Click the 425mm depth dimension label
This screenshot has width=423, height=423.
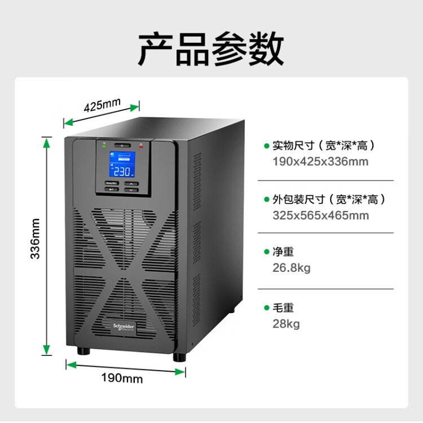tap(103, 105)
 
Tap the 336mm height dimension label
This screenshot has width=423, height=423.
tap(35, 239)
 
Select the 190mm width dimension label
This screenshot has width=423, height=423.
tap(122, 378)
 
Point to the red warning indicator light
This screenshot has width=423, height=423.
tap(141, 146)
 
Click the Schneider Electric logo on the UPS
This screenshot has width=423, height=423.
tap(124, 327)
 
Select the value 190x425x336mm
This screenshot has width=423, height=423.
tap(320, 162)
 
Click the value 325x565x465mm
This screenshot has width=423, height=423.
tap(320, 215)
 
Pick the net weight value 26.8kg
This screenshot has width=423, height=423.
tap(291, 268)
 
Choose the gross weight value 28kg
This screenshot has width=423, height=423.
tap(286, 324)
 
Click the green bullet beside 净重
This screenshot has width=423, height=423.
tap(267, 252)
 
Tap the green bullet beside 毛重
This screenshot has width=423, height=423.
tap(267, 308)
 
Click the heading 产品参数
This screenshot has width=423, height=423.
tap(211, 50)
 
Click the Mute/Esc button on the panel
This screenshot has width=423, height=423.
tap(111, 183)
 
